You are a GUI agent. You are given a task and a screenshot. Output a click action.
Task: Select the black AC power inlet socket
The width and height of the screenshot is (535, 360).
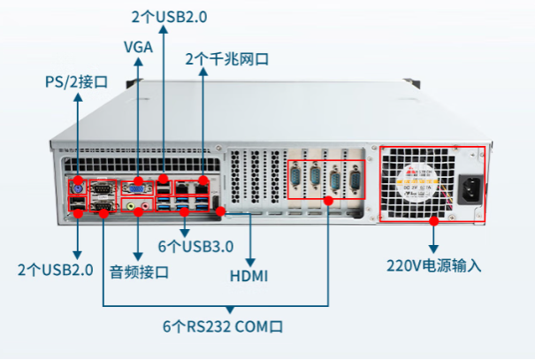[471, 188]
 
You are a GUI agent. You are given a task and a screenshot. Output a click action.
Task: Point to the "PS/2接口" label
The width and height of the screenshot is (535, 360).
[77, 82]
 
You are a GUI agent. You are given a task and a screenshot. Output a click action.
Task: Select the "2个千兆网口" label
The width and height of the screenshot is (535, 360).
[226, 59]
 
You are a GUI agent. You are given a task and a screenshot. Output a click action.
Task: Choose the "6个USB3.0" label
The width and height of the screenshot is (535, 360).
[196, 245]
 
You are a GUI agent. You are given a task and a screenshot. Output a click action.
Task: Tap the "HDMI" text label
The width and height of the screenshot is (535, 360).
[249, 276]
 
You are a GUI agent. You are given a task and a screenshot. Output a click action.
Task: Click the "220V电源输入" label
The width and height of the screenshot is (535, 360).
[433, 264]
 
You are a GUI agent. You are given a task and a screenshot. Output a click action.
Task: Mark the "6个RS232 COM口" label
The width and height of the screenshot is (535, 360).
[223, 326]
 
